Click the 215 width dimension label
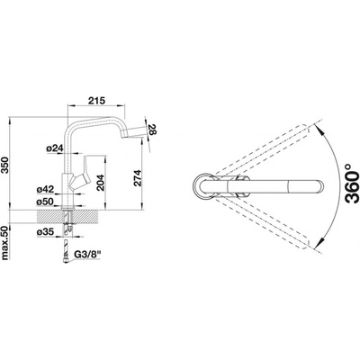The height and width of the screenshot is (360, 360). tap(96, 101)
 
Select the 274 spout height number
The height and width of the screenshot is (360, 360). tap(137, 178)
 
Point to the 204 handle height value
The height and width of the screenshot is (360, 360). tap(100, 183)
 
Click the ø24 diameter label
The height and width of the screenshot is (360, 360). tap(54, 148)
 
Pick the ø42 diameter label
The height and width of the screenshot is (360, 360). tap(45, 190)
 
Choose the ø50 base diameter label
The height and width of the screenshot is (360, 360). tap(45, 202)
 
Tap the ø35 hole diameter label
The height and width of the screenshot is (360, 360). tap(45, 231)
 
